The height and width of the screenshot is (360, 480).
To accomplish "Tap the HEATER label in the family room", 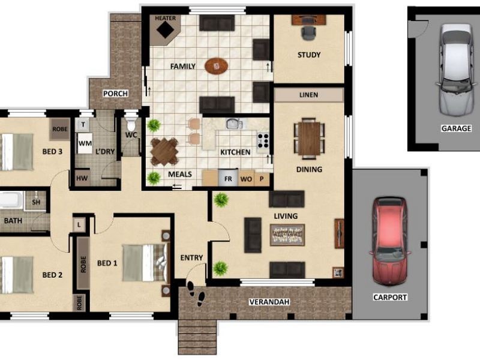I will (x=166, y=19).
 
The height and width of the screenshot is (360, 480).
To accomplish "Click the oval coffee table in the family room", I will (x=217, y=65).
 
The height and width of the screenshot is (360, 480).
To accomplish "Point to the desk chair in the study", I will (x=308, y=33).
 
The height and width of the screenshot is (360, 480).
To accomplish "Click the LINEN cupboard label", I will (x=309, y=95).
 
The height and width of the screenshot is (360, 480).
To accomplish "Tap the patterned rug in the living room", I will (x=287, y=234).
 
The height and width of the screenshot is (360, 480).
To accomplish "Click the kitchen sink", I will (x=233, y=124).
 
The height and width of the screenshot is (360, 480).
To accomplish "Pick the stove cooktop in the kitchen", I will (x=263, y=142).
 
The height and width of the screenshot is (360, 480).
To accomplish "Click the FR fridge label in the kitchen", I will (x=228, y=179).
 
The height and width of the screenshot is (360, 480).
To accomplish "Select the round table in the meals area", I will (x=164, y=152).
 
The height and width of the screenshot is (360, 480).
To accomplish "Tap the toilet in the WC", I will (x=131, y=125).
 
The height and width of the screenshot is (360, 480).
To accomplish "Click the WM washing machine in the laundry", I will (x=85, y=144).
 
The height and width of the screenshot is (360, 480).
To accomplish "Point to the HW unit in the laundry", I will (x=80, y=178).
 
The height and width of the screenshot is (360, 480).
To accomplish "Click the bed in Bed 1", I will (x=143, y=262).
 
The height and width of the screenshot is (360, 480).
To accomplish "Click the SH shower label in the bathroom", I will (x=35, y=202).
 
